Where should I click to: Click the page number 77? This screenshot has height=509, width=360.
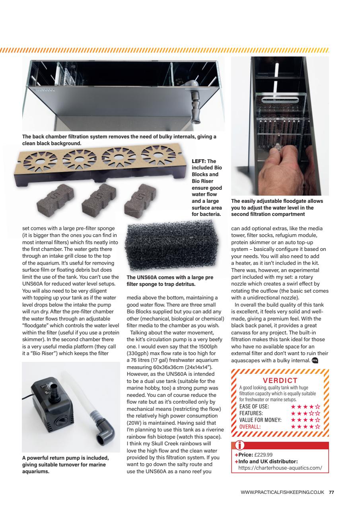[331, 492]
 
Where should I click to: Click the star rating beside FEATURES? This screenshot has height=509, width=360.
[306, 413]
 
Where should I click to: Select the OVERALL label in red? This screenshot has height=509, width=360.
[250, 427]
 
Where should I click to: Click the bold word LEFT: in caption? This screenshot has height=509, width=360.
[198, 161]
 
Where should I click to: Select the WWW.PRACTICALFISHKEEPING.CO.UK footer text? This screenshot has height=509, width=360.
[283, 492]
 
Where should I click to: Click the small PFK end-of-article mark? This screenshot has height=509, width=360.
[315, 361]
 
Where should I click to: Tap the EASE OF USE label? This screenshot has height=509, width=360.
[254, 406]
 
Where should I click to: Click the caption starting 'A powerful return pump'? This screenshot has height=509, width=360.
[65, 464]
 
